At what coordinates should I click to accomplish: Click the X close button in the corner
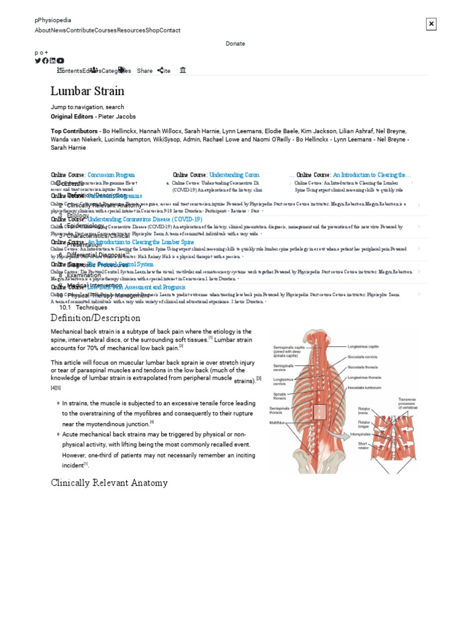click(431, 24)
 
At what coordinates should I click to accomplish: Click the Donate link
click(235, 44)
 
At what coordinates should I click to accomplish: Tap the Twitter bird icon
click(38, 61)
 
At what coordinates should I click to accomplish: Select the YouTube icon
click(60, 61)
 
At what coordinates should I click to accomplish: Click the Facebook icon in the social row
click(45, 61)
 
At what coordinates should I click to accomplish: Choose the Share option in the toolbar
click(145, 71)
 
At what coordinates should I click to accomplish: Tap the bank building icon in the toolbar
click(183, 71)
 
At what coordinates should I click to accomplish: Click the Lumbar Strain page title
click(87, 91)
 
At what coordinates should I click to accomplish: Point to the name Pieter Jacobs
click(117, 117)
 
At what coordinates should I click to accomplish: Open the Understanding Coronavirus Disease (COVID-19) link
click(145, 219)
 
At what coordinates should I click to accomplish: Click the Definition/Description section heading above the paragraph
click(95, 318)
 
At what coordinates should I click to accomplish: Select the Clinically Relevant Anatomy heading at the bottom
click(109, 483)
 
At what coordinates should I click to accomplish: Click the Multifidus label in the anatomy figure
click(277, 422)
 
